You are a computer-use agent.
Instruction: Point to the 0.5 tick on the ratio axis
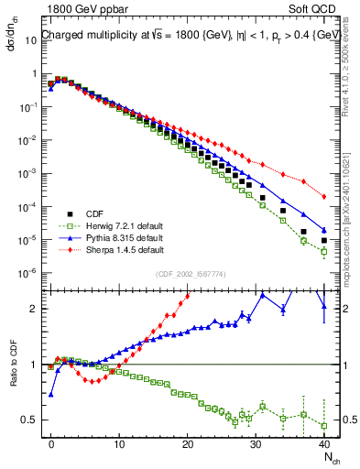click(29, 420)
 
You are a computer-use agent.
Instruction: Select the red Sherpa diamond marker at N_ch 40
click(324, 196)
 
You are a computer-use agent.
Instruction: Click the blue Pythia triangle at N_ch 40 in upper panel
click(324, 230)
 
